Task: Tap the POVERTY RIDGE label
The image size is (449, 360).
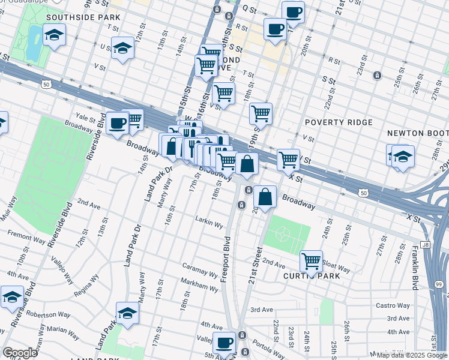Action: click(x=339, y=122)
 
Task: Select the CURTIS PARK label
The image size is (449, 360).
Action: click(x=312, y=276)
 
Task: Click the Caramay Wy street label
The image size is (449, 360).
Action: click(x=200, y=272)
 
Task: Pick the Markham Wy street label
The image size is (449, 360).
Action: click(x=200, y=288)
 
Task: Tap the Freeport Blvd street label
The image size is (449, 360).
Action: click(x=227, y=259)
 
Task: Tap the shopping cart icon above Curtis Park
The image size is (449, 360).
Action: click(x=311, y=260)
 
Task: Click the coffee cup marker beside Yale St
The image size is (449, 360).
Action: click(x=118, y=124)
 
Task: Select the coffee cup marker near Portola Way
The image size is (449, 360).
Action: click(x=224, y=343)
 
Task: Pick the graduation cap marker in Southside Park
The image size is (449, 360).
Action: click(x=54, y=35)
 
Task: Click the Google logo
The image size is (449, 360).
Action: click(x=20, y=352)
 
